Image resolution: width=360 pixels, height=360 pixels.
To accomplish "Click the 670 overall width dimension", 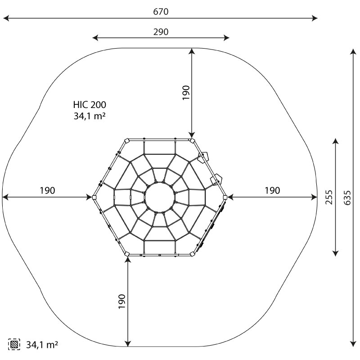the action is (x=161, y=12).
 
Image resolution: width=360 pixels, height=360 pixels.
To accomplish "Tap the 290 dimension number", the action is (x=161, y=32).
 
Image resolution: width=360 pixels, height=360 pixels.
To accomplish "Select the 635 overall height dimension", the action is (x=347, y=198).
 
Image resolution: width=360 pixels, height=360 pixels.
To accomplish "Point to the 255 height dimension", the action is (x=329, y=197).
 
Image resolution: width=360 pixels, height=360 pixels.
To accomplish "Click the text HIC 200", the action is (x=90, y=105).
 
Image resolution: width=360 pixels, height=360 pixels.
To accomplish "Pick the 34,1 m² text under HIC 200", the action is (x=90, y=116).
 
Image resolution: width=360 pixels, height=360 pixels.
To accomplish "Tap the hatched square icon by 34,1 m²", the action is (x=14, y=344).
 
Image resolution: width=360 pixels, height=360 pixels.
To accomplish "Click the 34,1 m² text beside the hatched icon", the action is (x=42, y=345).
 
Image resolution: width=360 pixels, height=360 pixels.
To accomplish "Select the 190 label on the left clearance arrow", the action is (x=48, y=190).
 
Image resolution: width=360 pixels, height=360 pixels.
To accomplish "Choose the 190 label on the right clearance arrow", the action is (x=272, y=190).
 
